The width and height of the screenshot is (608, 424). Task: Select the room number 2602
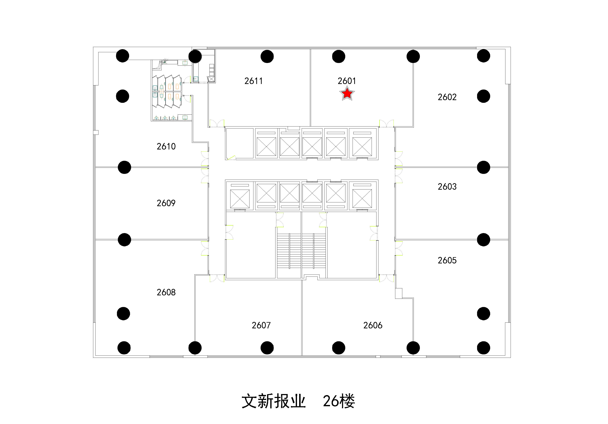click(x=447, y=97)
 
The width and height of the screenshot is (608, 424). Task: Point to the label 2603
click(x=447, y=187)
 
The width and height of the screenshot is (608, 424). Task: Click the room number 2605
click(x=447, y=261)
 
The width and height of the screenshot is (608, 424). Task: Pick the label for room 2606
click(x=373, y=325)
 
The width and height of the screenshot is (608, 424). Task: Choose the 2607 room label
click(x=261, y=325)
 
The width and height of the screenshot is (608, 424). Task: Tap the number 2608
click(x=166, y=292)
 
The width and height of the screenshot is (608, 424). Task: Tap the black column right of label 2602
click(x=483, y=96)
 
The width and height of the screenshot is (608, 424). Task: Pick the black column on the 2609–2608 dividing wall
click(x=124, y=240)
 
